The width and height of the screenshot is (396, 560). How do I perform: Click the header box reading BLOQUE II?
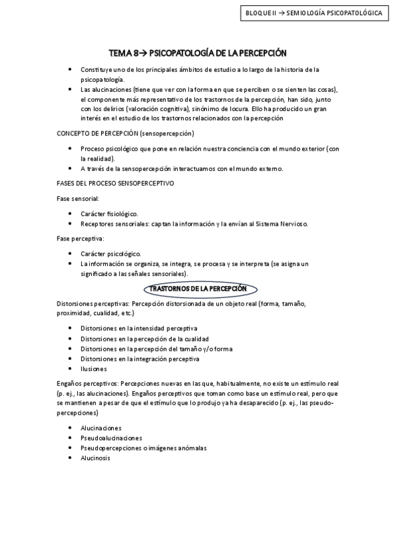(313, 13)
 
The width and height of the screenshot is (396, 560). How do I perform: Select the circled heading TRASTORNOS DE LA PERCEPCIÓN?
(198, 289)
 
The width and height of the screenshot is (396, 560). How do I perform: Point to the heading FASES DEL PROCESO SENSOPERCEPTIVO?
(116, 183)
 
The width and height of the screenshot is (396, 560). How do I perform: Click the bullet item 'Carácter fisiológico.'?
(109, 213)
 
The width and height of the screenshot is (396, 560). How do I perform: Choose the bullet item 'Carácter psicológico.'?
(110, 254)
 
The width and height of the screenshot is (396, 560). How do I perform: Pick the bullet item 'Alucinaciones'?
(101, 428)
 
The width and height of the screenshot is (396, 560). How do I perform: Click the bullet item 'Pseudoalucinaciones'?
(111, 438)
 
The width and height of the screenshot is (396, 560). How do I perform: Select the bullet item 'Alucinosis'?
(95, 458)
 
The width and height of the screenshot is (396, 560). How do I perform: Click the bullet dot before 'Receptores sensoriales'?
(71, 224)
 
